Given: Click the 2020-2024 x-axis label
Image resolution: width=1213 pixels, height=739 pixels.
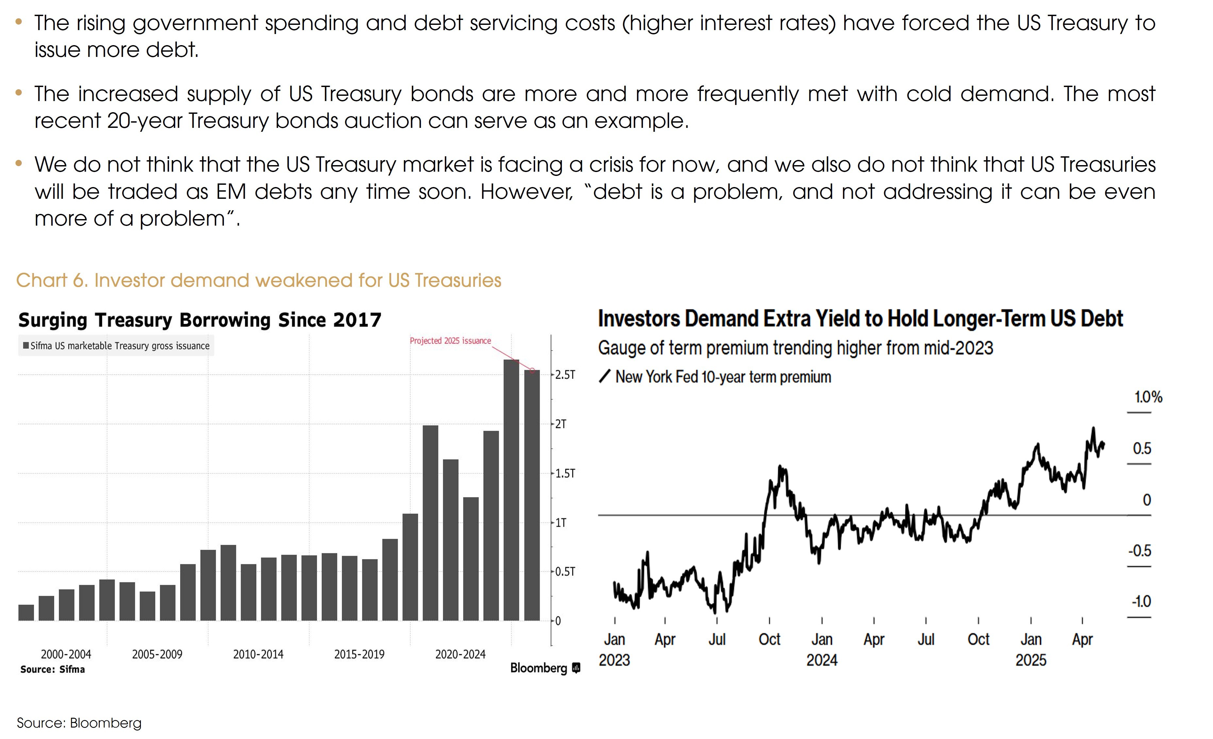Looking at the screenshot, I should tap(460, 654).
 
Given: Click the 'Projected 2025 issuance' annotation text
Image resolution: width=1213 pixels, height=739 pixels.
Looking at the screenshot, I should tap(450, 341).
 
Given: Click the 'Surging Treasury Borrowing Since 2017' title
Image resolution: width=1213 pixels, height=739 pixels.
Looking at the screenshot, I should tap(199, 320).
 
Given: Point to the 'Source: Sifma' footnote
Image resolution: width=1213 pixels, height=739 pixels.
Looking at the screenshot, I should tap(53, 669).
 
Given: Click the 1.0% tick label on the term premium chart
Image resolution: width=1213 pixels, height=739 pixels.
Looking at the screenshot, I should tap(1148, 397).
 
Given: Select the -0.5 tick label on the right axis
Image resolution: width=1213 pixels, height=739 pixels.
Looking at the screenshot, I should tap(1140, 550).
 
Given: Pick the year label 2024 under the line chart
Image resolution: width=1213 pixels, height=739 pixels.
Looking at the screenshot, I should tap(822, 660).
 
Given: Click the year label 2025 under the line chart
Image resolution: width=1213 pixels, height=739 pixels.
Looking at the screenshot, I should tap(1030, 660).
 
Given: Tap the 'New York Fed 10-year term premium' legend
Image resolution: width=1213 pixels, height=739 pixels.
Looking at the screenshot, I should tap(723, 377).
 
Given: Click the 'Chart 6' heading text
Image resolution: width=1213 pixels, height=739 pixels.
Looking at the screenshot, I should tap(259, 280).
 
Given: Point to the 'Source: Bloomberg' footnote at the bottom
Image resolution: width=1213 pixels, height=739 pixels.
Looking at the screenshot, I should tap(79, 723).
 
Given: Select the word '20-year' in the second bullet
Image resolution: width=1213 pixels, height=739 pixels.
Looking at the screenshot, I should tap(144, 121).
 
